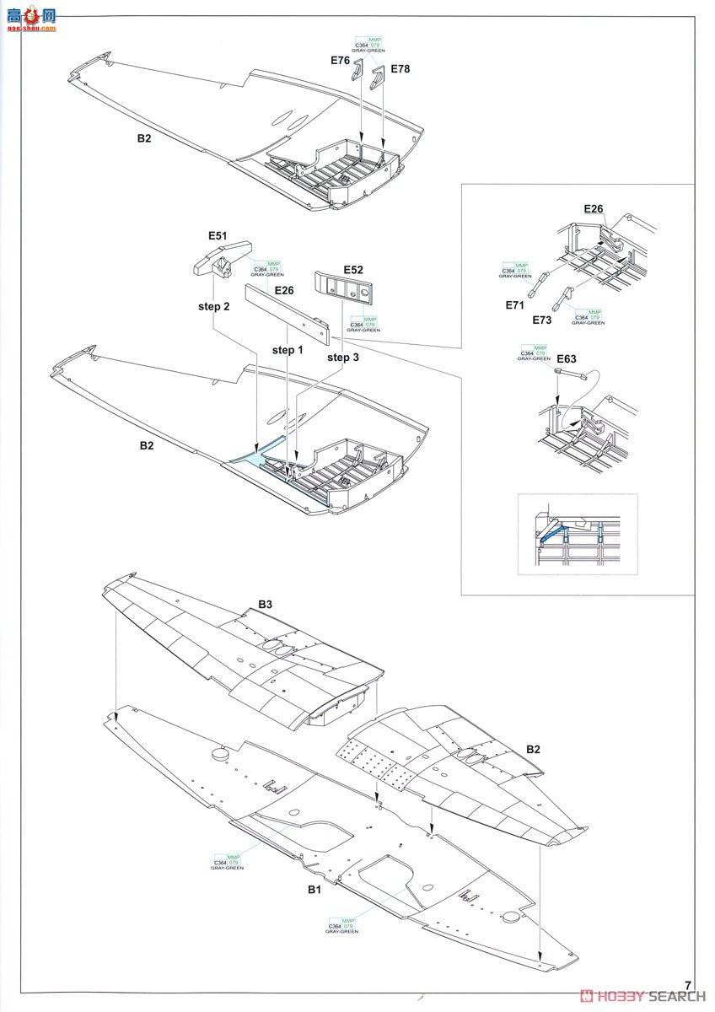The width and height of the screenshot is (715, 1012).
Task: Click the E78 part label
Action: (x=400, y=69)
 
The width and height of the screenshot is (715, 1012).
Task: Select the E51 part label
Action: (x=218, y=237)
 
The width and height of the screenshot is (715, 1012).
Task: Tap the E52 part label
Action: (x=352, y=270)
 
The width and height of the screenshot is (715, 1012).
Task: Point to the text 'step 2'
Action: (x=214, y=306)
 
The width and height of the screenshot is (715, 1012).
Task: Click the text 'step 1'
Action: (x=288, y=349)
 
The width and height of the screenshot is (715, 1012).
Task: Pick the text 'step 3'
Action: (x=343, y=358)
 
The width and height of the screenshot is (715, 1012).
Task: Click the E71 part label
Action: (x=516, y=305)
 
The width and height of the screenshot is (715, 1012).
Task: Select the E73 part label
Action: (x=542, y=320)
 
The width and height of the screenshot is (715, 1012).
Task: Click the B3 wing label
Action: (x=266, y=604)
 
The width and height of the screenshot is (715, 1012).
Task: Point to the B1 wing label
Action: (x=314, y=890)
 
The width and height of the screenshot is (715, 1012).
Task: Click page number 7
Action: (x=689, y=984)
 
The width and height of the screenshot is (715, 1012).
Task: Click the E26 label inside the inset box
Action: (x=594, y=209)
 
